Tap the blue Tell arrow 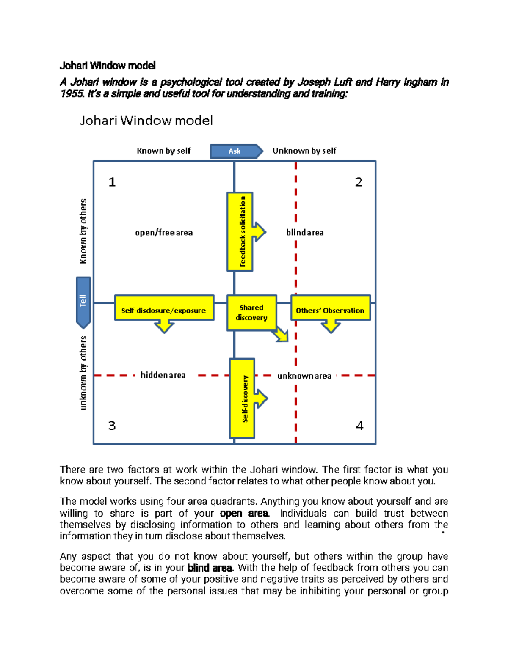click(x=83, y=301)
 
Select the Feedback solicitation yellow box click(x=240, y=231)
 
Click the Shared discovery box click(x=251, y=313)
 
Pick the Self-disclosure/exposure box click(x=164, y=310)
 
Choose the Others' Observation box click(x=330, y=310)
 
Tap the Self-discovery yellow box click(x=243, y=398)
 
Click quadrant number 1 click(x=112, y=182)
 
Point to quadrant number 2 click(x=359, y=182)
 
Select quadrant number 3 click(x=112, y=425)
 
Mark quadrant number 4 click(x=359, y=425)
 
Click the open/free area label click(x=164, y=233)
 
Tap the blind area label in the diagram click(x=305, y=233)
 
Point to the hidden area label click(x=163, y=375)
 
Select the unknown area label click(x=304, y=376)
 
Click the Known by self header click(x=164, y=151)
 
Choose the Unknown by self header click(x=304, y=151)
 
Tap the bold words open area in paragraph click(x=244, y=513)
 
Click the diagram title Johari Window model click(x=146, y=121)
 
